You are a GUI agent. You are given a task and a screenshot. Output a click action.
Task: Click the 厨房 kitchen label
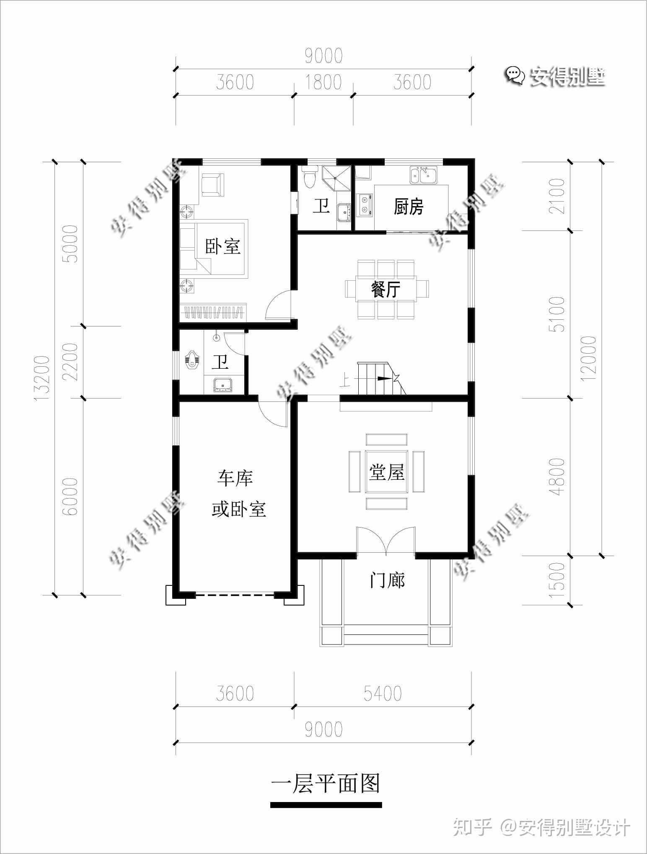(x=409, y=207)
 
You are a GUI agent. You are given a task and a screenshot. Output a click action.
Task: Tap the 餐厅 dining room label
(x=386, y=289)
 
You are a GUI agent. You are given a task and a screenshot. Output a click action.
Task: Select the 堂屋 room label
(x=386, y=473)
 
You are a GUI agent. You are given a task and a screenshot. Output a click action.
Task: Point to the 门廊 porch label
(x=387, y=581)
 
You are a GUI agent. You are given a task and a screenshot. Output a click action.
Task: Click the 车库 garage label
(x=235, y=478)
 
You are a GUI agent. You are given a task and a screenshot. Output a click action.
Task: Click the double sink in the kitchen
(x=424, y=175)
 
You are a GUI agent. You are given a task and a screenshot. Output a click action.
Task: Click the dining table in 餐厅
(x=386, y=289)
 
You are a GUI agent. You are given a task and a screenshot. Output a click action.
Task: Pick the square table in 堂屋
(x=386, y=471)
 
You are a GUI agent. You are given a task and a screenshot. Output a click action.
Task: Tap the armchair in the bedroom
(x=213, y=185)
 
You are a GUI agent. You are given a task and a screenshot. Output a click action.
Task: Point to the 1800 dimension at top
(x=323, y=82)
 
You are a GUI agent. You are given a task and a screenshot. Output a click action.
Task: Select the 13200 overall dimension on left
(x=43, y=378)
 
